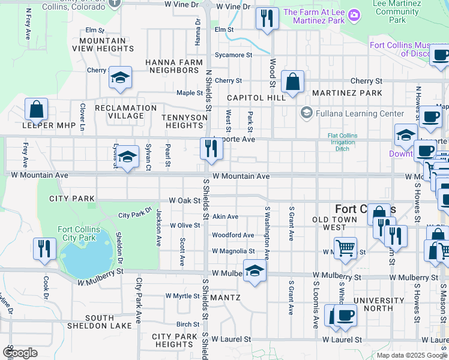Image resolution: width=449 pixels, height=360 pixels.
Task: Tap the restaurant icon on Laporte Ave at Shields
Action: point(210,148)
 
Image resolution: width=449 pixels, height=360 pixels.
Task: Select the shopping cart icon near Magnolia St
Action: point(345,248)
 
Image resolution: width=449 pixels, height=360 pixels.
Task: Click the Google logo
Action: point(20,353)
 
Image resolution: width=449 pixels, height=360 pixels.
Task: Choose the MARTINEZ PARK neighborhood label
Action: point(354,93)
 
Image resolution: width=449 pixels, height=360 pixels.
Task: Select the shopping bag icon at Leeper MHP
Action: point(36,110)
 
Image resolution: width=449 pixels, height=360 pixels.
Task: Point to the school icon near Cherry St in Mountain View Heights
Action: point(121,77)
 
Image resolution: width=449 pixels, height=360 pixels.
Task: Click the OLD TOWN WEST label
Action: point(338,224)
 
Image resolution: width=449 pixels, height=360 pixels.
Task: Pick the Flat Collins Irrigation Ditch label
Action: point(342,142)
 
